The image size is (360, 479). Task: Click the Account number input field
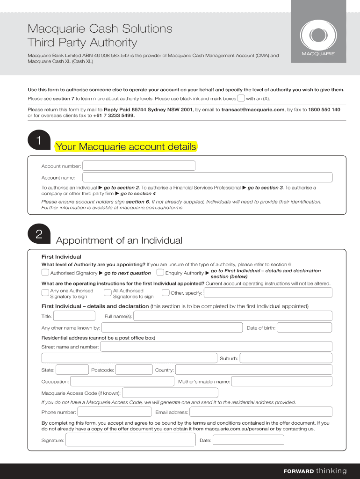(x=139, y=166)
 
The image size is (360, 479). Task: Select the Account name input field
(x=207, y=177)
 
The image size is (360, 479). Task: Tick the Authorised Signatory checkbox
(x=45, y=273)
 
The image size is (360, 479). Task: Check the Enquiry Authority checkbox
(x=160, y=273)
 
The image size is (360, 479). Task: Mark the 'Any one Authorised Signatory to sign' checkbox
(x=45, y=293)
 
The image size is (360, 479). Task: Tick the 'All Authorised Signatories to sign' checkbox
(x=108, y=293)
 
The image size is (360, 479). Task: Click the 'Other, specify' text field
(x=268, y=293)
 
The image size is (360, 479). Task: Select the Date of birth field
(x=304, y=328)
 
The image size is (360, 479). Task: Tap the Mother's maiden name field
(x=281, y=382)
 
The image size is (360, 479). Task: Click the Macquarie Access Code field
(x=170, y=393)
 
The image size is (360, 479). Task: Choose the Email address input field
(x=261, y=412)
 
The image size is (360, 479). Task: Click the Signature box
(x=130, y=440)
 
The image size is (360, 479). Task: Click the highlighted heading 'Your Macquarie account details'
(x=126, y=147)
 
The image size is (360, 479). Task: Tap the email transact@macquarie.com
(x=253, y=109)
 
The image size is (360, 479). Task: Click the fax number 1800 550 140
(x=324, y=109)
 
